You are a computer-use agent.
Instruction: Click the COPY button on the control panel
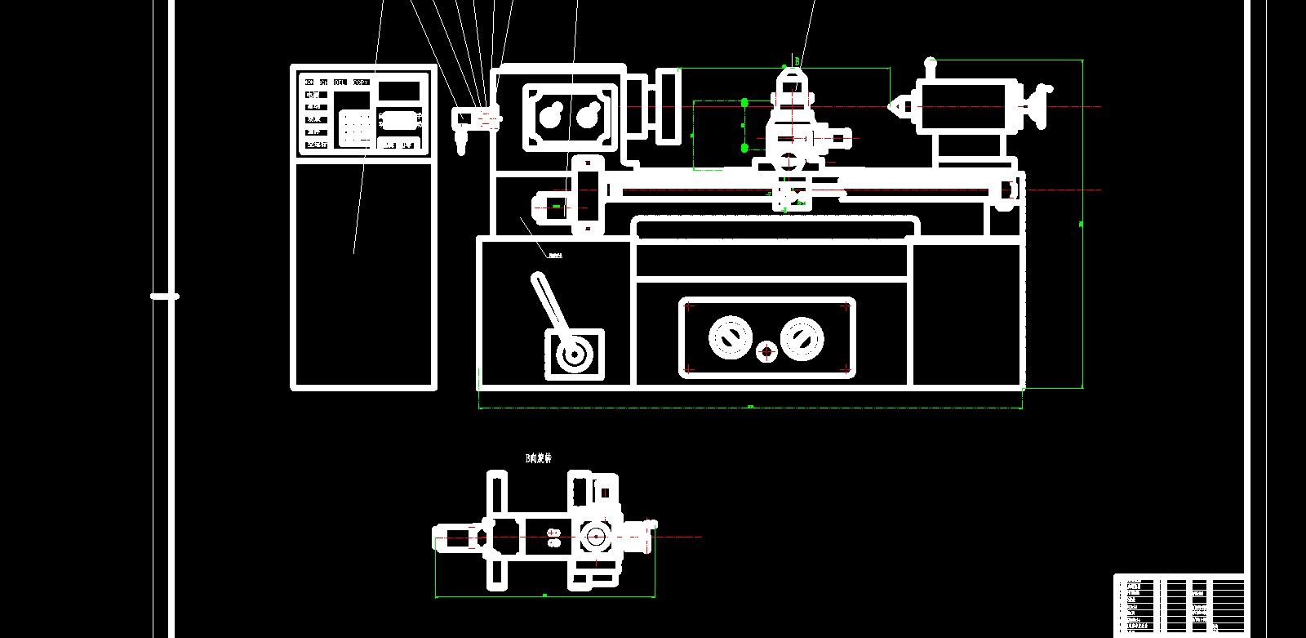tap(361, 83)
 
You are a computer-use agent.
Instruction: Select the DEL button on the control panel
tap(340, 83)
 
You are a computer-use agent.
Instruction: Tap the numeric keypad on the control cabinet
tap(355, 126)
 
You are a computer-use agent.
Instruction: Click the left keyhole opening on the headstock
tap(550, 116)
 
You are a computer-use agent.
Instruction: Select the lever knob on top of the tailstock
tap(930, 62)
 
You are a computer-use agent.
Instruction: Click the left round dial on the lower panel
tap(729, 337)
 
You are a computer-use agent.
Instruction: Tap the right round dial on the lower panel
tap(802, 337)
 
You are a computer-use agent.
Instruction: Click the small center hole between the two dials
tap(766, 352)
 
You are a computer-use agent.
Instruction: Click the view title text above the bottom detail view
tap(538, 459)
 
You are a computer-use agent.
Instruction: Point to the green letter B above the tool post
tap(797, 61)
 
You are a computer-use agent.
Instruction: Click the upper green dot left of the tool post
tap(744, 103)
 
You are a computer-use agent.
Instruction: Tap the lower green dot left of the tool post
tap(744, 148)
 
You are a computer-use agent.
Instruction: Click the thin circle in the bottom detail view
tap(595, 537)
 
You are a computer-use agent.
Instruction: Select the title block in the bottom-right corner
tap(1179, 603)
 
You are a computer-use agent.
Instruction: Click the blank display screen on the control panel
tap(398, 91)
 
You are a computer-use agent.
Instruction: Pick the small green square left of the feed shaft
tap(556, 207)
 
